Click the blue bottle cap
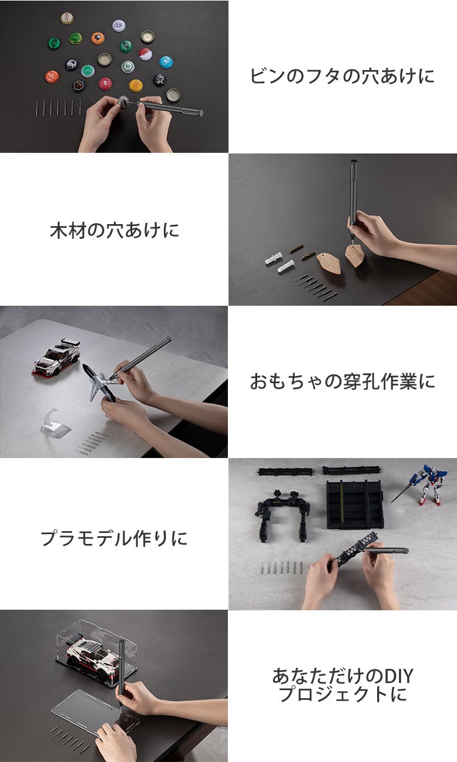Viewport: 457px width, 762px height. tap(166, 62)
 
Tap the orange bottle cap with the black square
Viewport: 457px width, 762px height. tap(97, 38)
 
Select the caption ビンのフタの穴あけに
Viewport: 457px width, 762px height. tap(342, 76)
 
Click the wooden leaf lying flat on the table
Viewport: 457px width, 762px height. tap(328, 264)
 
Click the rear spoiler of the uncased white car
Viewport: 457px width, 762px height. tap(71, 342)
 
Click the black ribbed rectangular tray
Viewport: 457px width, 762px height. tap(355, 504)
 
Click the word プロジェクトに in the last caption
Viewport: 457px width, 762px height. tap(342, 694)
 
